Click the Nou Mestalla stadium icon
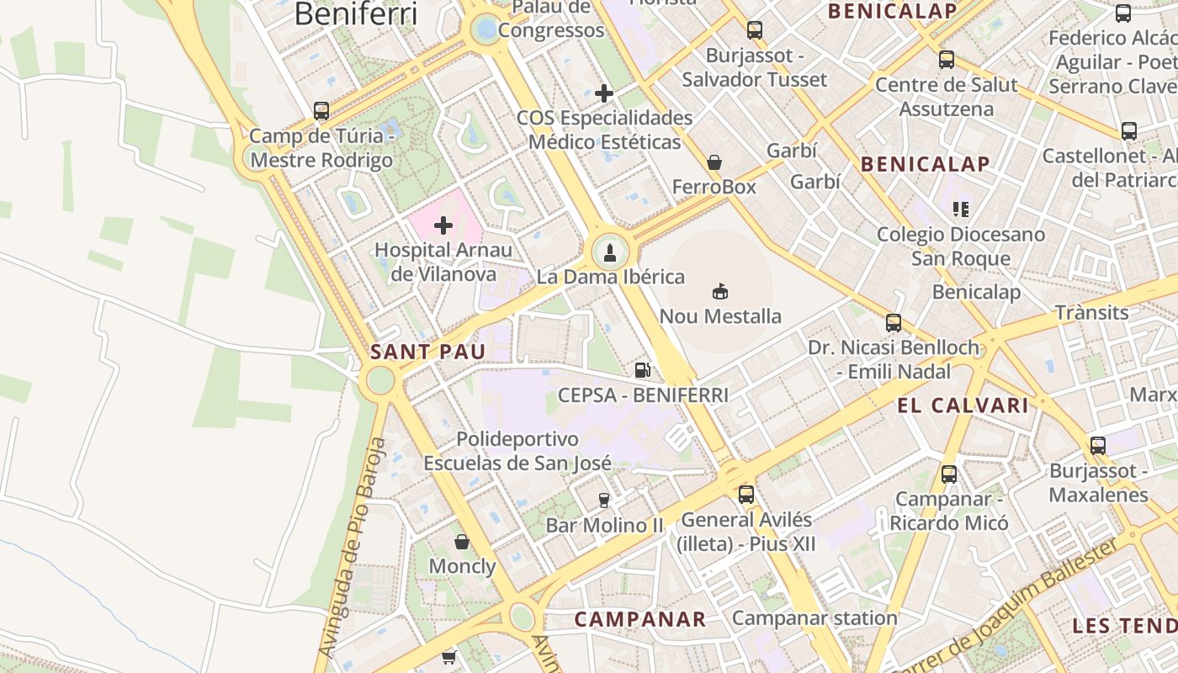click(720, 292)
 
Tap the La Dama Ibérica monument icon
click(610, 252)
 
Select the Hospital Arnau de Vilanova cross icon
click(443, 225)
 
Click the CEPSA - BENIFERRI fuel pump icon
click(642, 369)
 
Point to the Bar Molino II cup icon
click(603, 500)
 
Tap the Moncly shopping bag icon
click(461, 541)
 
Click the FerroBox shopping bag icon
click(714, 162)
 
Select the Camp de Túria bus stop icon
click(321, 110)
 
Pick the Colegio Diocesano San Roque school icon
click(961, 209)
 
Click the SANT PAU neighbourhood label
click(427, 352)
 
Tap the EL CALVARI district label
click(963, 405)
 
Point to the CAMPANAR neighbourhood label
click(640, 620)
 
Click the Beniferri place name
click(356, 13)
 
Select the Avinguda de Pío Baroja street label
click(352, 547)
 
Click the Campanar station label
click(815, 618)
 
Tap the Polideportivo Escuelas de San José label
click(517, 451)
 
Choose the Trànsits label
click(1091, 313)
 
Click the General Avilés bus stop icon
click(746, 494)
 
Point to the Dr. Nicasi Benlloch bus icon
click(893, 322)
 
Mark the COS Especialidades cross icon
click(603, 93)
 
